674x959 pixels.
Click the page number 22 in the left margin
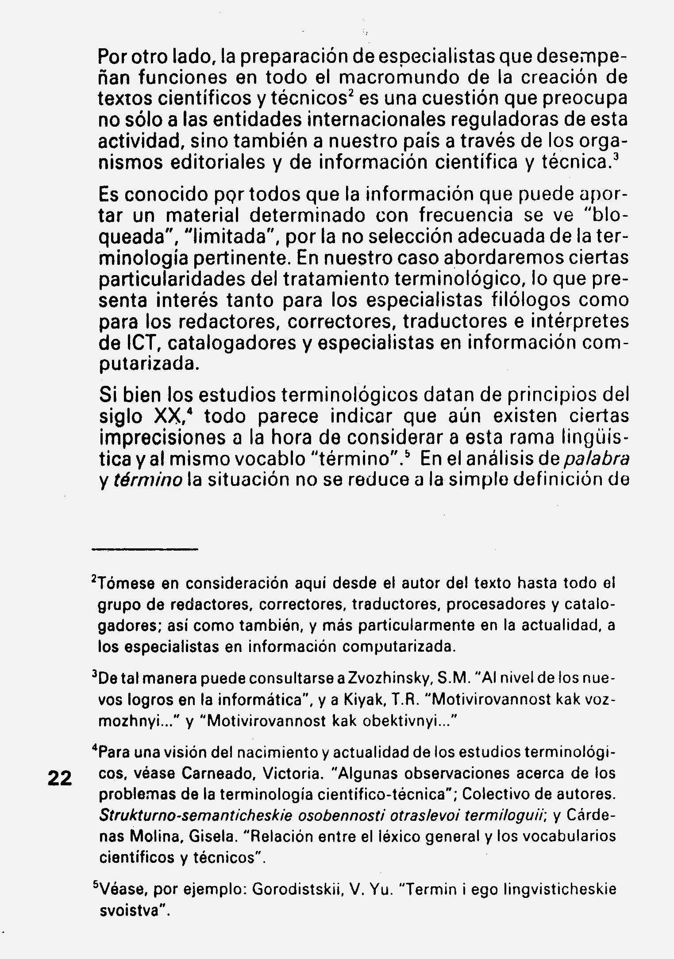coord(59,778)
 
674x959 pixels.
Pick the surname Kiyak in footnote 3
coord(364,700)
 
